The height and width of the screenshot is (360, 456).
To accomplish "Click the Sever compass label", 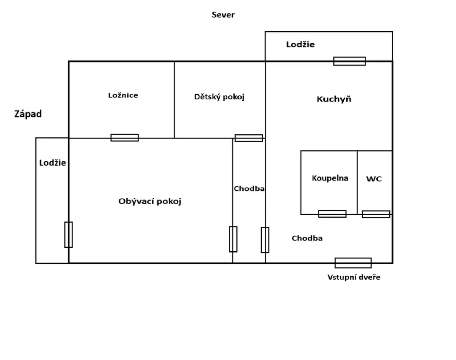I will pos(223,15).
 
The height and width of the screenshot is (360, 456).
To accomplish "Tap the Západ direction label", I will pos(28,114).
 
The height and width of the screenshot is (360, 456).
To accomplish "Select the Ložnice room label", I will pos(123,95).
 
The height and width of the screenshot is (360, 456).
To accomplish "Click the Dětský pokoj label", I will pos(219,96).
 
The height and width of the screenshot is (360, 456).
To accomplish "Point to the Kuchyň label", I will pos(334,99).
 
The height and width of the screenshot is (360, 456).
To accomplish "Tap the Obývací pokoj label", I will pos(150,201).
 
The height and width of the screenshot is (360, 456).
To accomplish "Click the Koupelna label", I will pos(330,178).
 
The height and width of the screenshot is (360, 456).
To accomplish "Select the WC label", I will pos(374,179).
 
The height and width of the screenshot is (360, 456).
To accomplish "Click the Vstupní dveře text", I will pos(354,277).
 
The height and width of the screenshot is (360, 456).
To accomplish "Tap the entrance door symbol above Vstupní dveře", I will pos(353,263).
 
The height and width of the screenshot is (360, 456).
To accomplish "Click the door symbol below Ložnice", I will pos(125,138).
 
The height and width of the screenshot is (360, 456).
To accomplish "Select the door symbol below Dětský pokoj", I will pos(248,138).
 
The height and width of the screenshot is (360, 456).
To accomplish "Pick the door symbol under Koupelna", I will pos(332,214).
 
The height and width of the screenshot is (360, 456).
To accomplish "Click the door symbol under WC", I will pos(376,214).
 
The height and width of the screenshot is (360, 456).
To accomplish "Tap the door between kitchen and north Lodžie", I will pos(350,61).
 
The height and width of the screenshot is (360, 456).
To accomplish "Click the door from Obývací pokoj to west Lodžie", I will pos(69,234).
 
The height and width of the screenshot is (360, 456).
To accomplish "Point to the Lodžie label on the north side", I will pos(301,44).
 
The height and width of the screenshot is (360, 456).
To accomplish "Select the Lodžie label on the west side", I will pos(53,163).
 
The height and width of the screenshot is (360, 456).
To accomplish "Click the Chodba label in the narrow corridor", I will pos(249,188).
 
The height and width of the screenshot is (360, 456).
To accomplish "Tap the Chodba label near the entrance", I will pos(307,238).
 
